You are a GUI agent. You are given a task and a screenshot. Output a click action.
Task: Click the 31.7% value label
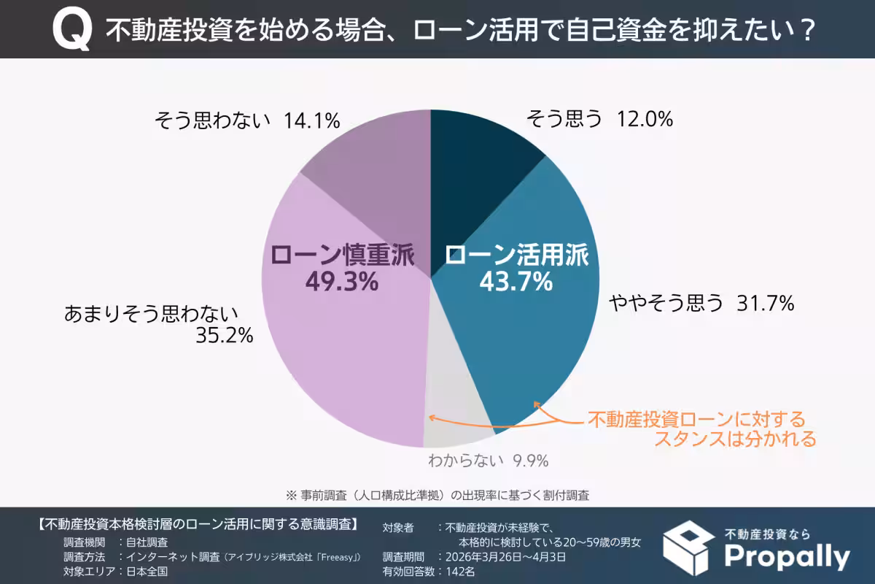[765, 303]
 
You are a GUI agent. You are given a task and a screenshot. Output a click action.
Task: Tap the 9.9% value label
[530, 461]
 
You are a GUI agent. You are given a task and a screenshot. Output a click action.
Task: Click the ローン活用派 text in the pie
[516, 255]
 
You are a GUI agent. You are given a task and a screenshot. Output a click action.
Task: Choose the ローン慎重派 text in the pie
[342, 255]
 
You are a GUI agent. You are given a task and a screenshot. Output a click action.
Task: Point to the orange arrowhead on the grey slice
[432, 418]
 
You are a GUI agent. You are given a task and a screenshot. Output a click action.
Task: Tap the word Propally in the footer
[787, 557]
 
